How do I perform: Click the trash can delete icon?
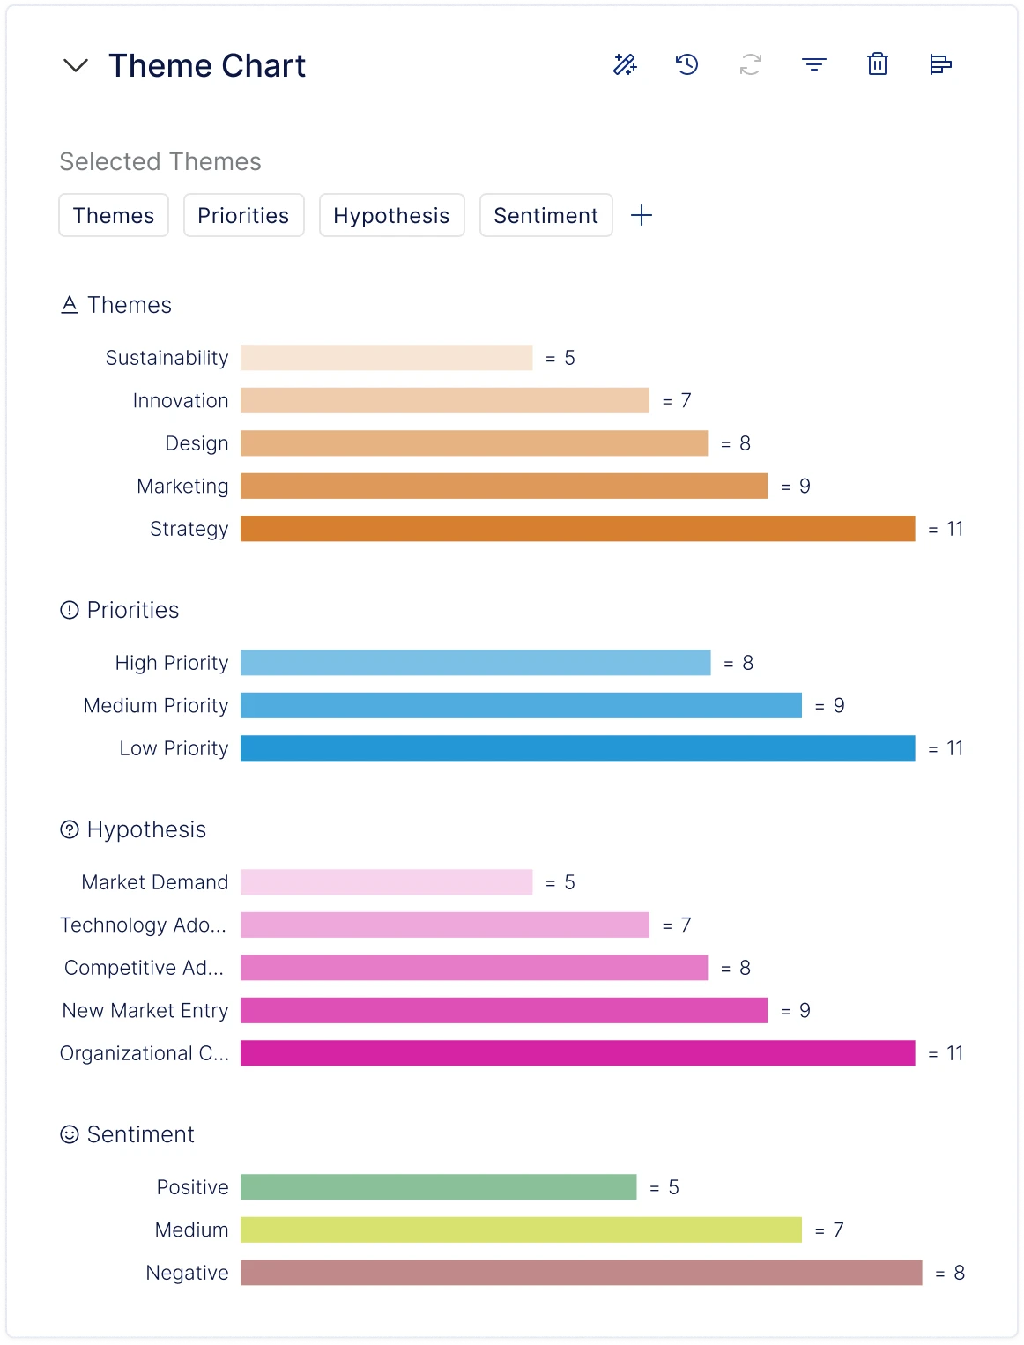pos(877,64)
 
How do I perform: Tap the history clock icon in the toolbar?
pos(687,64)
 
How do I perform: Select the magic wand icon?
pos(625,64)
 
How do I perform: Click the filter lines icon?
pos(813,64)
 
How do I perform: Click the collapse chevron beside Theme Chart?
pos(77,65)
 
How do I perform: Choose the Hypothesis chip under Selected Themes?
pos(391,216)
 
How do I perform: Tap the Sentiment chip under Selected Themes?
pos(545,216)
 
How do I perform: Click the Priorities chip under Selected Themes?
pos(243,216)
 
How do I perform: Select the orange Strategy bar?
pos(577,529)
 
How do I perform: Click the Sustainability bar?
pos(386,358)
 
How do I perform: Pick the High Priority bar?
pos(475,663)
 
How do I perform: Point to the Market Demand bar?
pos(386,882)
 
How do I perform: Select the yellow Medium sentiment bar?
pos(521,1230)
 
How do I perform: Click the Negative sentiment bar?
pos(581,1273)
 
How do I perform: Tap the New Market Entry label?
pos(145,1011)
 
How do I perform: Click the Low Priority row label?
pos(174,748)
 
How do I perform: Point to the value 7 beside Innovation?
pos(686,401)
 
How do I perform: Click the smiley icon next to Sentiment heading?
pos(70,1134)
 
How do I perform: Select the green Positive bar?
pos(438,1187)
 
